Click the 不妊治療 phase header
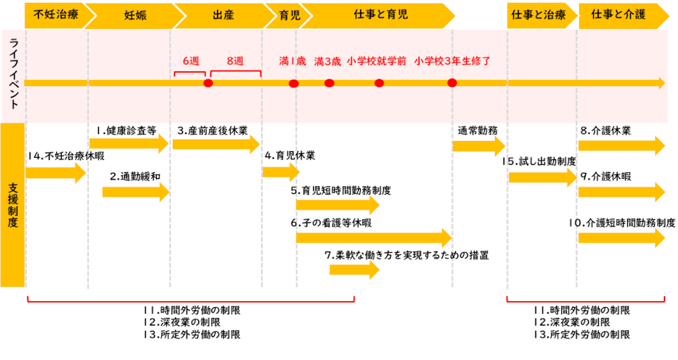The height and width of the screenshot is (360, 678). [x=56, y=15]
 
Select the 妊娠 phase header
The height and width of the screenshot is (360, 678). [x=136, y=15]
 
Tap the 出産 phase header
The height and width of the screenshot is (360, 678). [x=224, y=15]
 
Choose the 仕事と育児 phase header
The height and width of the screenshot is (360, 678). [x=380, y=15]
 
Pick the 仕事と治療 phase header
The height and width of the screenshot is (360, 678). [x=539, y=15]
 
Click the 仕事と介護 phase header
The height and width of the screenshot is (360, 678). [x=619, y=15]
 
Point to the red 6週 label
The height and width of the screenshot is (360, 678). [x=191, y=61]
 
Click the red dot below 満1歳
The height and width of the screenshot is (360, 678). [x=294, y=83]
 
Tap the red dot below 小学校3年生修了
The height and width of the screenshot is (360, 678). [x=452, y=83]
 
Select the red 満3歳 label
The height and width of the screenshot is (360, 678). [x=327, y=62]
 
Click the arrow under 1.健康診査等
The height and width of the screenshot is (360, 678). [x=129, y=143]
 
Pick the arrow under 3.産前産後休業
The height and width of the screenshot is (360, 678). [x=216, y=144]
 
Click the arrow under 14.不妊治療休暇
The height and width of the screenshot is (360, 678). [x=56, y=173]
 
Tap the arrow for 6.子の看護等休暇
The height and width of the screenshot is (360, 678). [x=374, y=238]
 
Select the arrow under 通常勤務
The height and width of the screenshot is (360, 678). [x=479, y=146]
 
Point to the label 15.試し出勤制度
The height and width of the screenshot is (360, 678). [x=539, y=161]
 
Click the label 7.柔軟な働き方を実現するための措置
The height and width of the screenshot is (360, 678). [x=407, y=256]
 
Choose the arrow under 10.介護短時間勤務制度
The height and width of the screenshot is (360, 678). [x=622, y=238]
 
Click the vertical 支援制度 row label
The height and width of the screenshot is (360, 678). [x=13, y=205]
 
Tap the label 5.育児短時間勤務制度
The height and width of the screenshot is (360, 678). [x=341, y=191]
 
